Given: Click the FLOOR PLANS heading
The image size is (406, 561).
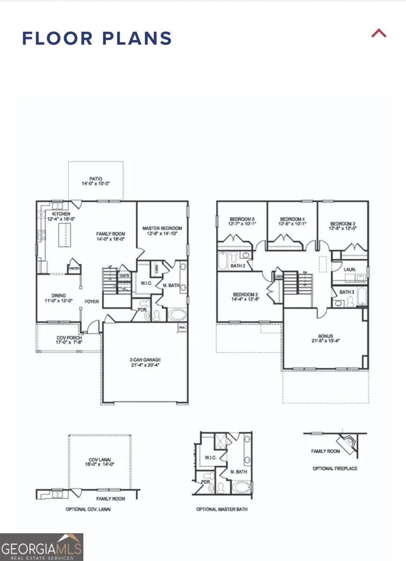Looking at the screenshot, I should pos(97,38).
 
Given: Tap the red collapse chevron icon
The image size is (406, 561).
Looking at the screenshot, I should pos(379,33).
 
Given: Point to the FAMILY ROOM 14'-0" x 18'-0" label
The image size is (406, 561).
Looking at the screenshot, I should pos(111,236).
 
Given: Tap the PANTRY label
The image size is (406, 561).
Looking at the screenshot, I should pos(74,268).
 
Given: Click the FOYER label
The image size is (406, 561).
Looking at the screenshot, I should pos(92,302).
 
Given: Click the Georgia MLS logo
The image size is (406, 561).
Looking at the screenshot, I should pos(42,547).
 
